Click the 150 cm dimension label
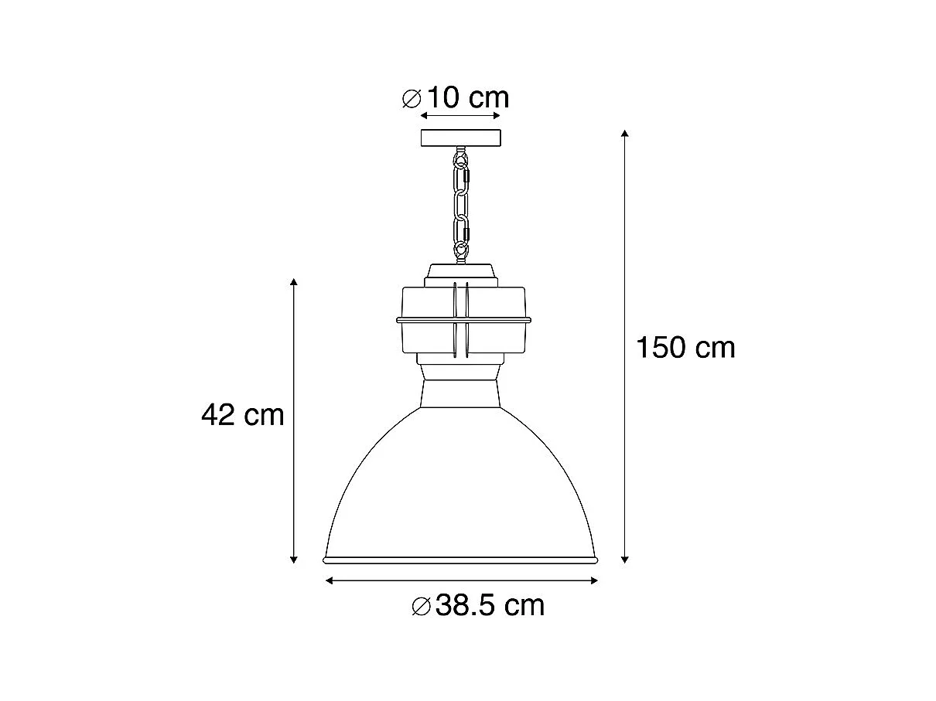pos(685,348)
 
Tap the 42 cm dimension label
pos(243,416)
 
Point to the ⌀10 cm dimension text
pos(456,98)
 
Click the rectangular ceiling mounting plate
pos(461,139)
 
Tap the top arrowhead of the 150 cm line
pos(625,135)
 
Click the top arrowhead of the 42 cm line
pos(294,282)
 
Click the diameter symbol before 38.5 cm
pos(422,606)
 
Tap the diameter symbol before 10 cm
pos(412,99)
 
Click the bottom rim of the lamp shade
pos(461,559)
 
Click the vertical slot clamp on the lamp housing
pos(461,318)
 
